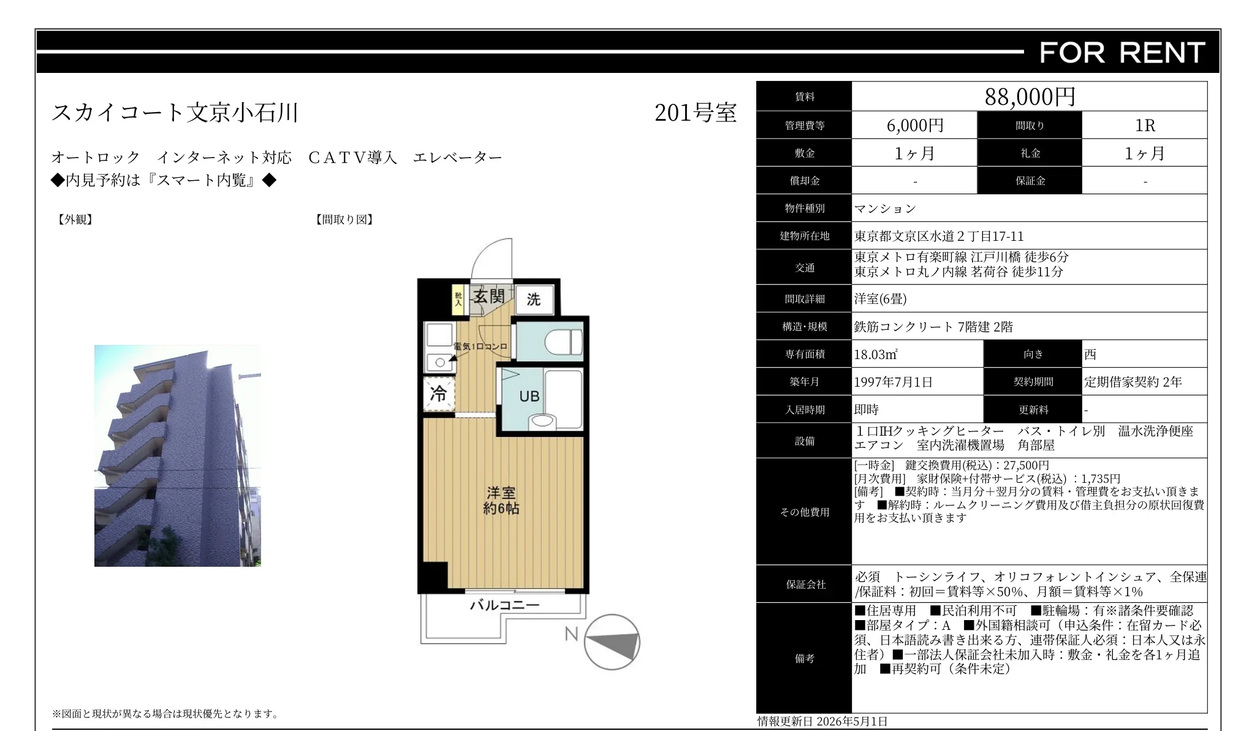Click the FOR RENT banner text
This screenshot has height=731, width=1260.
click(x=1122, y=53)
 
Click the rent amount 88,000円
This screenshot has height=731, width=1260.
click(x=1030, y=97)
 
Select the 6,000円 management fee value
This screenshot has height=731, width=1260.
click(x=915, y=126)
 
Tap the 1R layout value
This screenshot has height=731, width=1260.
click(x=1145, y=126)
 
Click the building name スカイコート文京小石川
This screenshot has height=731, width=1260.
click(x=175, y=112)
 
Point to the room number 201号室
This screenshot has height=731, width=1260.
click(x=695, y=113)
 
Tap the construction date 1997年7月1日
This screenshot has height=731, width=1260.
click(x=894, y=382)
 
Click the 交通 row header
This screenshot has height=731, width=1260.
click(x=805, y=268)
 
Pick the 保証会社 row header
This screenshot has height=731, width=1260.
click(x=806, y=585)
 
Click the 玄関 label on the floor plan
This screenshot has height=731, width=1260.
click(x=489, y=297)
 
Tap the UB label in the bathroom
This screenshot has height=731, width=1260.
click(x=529, y=396)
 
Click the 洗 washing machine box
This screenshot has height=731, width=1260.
click(x=534, y=299)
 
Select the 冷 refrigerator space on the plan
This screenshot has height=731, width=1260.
click(x=439, y=393)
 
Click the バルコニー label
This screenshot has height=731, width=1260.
click(x=504, y=605)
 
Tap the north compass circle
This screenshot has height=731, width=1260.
click(x=612, y=642)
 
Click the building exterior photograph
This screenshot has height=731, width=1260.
click(x=178, y=455)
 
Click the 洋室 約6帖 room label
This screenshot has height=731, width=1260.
click(x=501, y=501)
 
